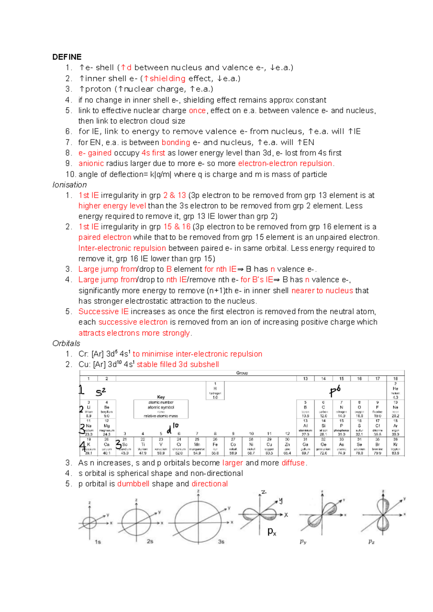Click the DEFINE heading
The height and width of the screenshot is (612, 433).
tap(67, 57)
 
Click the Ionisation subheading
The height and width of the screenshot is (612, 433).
tap(70, 185)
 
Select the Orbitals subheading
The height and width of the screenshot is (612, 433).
tap(66, 343)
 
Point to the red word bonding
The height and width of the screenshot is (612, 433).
tap(176, 142)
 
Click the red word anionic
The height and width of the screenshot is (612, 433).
tap(91, 163)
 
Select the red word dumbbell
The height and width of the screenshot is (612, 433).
tap(133, 484)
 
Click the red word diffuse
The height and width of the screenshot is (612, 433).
tap(293, 463)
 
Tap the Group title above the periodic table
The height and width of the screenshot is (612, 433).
tap(242, 373)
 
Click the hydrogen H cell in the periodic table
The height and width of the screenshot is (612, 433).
tap(215, 390)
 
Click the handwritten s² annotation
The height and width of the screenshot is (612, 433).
tap(101, 392)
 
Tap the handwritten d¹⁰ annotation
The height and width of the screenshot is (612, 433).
tap(172, 428)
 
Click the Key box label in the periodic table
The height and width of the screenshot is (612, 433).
tap(161, 397)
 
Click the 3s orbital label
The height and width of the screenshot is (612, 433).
tap(221, 542)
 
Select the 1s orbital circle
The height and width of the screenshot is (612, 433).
tap(89, 522)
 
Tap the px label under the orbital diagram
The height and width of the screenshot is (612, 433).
tap(272, 532)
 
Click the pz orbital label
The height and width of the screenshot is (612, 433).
tap(371, 542)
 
